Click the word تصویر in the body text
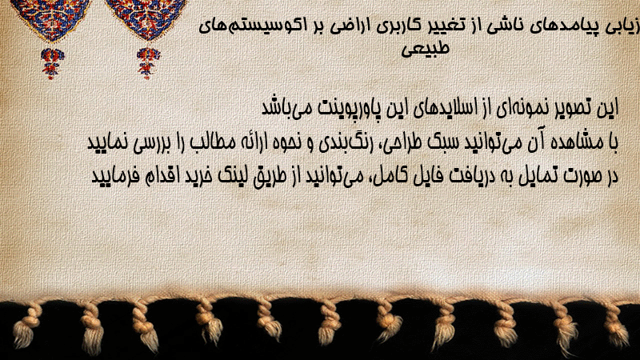click(572, 108)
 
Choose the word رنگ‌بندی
click(344, 142)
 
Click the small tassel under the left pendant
click(52, 63)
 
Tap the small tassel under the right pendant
click(148, 63)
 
